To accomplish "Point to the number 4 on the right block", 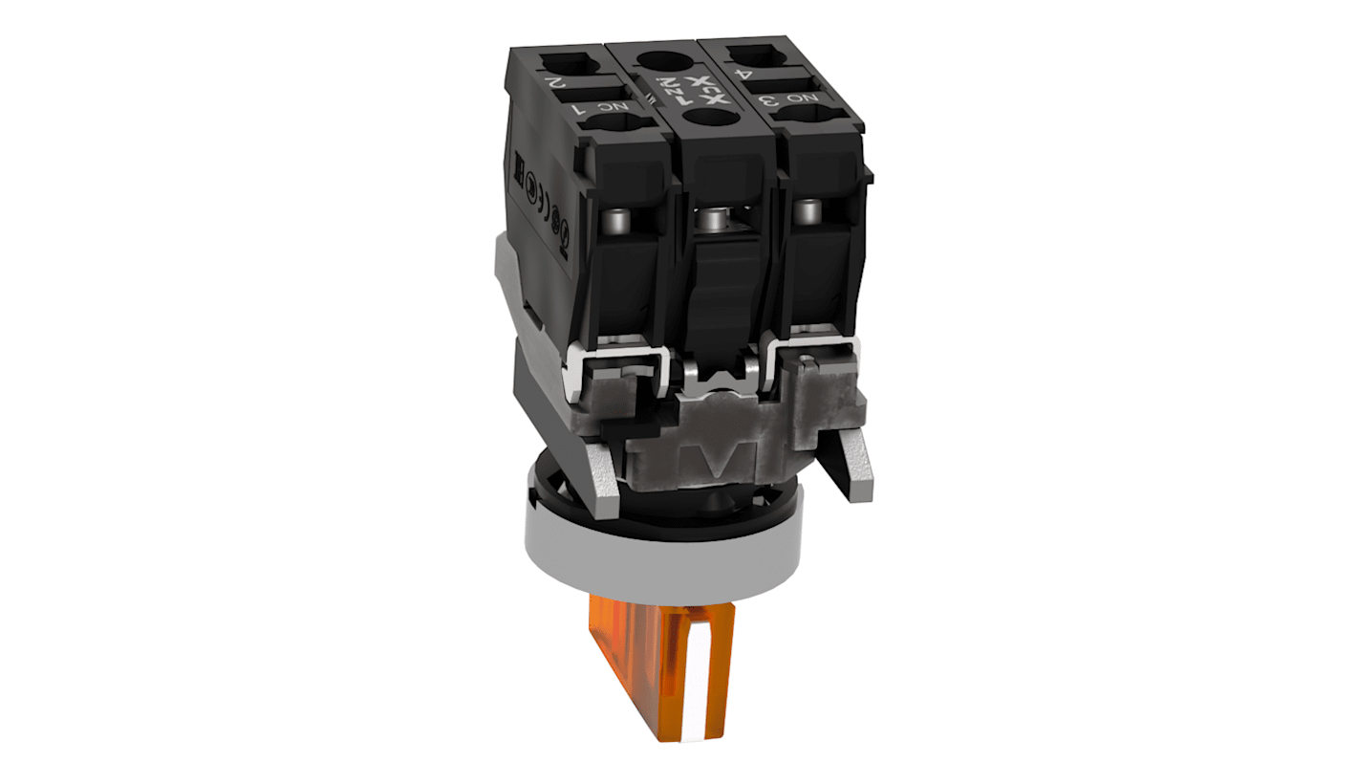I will click(741, 69).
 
